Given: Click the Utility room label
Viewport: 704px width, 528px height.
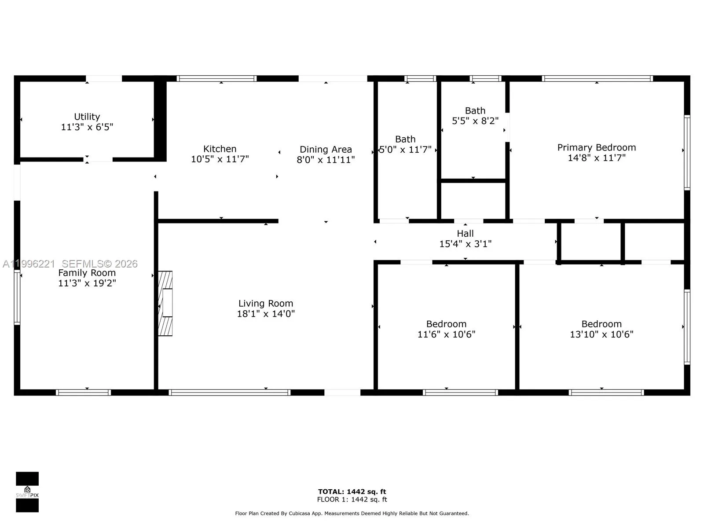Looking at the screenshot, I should click(x=87, y=117).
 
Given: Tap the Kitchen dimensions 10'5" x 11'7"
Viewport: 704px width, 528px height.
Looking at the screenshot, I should click(x=220, y=159).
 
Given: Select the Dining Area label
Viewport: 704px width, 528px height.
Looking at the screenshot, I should click(x=326, y=150).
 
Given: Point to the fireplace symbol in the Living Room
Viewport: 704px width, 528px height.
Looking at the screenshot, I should click(x=165, y=303).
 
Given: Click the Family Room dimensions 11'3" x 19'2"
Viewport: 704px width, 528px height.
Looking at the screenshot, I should click(x=87, y=283).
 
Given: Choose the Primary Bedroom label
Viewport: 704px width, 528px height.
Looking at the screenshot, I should click(x=596, y=147).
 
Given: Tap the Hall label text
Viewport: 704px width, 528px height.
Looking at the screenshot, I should click(x=465, y=234).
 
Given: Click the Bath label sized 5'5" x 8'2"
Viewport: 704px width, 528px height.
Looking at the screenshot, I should click(x=475, y=111).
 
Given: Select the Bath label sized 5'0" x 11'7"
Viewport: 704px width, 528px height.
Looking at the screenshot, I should click(x=405, y=139).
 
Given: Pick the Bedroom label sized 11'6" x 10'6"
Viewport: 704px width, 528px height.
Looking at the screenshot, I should click(x=446, y=324).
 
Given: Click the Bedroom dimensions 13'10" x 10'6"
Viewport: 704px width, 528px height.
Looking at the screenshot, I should click(x=601, y=334).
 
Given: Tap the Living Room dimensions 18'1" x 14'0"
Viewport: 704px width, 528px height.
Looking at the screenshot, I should click(x=265, y=314).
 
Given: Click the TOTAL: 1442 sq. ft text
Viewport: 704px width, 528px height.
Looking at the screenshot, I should click(x=352, y=491).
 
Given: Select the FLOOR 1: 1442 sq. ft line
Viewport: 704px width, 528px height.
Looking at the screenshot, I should click(x=352, y=499).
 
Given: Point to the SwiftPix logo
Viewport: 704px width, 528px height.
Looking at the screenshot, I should click(x=27, y=492).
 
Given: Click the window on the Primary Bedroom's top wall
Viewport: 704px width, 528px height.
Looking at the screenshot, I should click(x=597, y=79).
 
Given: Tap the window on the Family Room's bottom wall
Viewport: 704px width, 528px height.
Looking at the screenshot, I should click(x=83, y=392).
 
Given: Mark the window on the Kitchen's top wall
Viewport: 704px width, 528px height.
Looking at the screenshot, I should click(x=216, y=79).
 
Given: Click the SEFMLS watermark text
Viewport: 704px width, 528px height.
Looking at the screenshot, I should click(x=99, y=264).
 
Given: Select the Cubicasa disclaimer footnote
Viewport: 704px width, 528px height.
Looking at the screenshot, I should click(x=352, y=513).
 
